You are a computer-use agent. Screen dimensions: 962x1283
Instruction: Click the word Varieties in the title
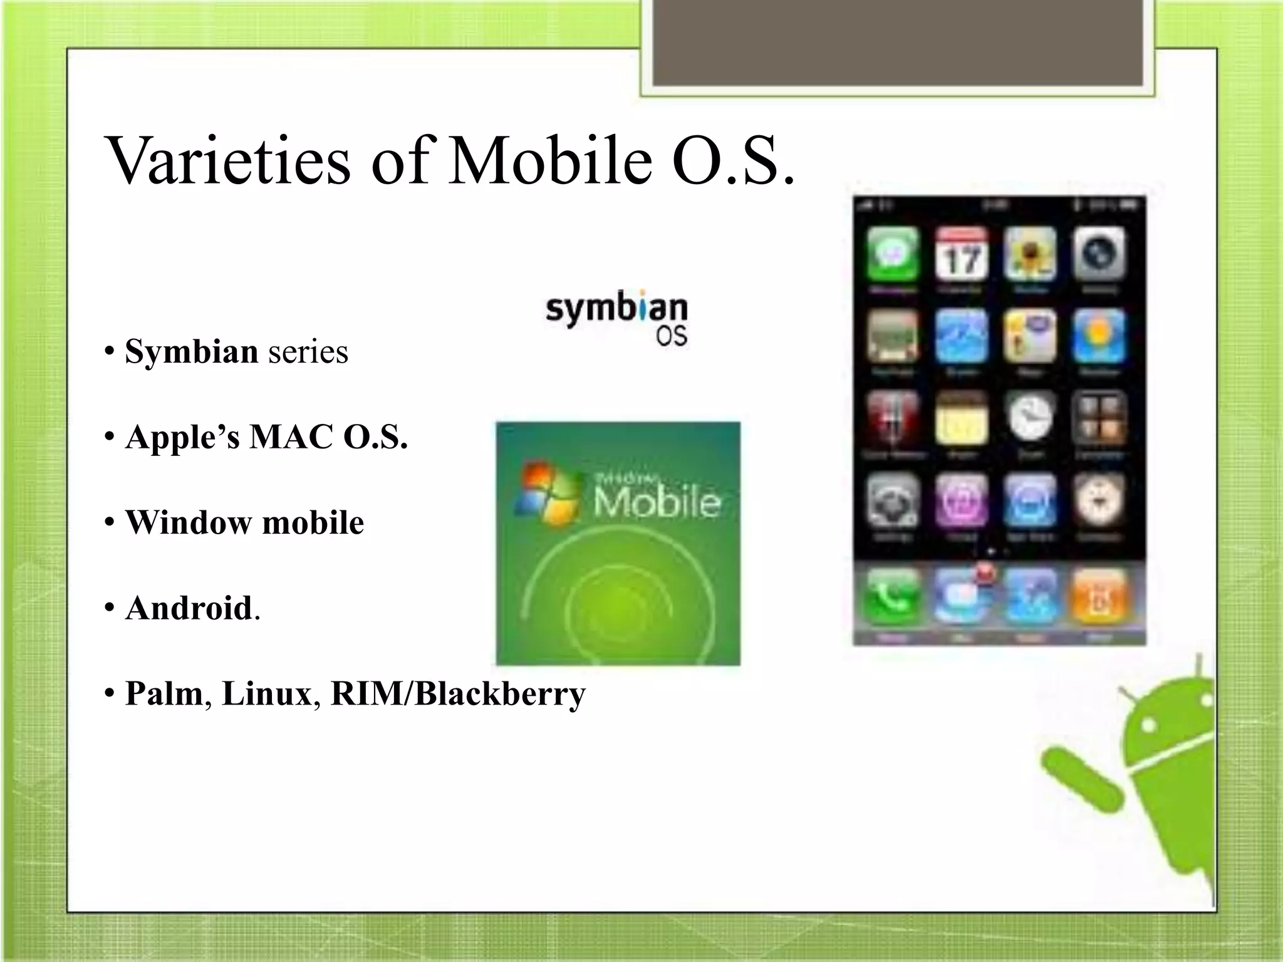coord(229,160)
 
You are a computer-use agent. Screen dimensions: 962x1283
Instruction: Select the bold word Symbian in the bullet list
coord(191,351)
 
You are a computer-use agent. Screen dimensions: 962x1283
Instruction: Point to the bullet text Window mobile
coord(244,522)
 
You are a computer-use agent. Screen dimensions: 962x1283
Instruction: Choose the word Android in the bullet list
coord(189,608)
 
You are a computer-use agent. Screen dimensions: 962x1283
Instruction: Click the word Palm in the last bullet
coord(164,693)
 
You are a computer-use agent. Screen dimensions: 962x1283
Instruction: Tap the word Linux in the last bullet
coord(267,693)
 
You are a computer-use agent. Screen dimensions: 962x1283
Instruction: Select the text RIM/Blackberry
coord(458,693)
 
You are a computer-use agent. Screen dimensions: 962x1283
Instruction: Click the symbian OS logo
coord(617,320)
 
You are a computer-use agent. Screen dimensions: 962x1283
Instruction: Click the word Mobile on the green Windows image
coord(657,502)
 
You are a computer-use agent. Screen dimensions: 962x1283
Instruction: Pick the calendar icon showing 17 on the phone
coord(961,254)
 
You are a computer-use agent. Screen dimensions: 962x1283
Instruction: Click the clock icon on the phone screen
coord(1030,417)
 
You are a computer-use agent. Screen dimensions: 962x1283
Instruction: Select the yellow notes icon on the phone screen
coord(961,418)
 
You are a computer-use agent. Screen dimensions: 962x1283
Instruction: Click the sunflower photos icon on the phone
coord(1030,254)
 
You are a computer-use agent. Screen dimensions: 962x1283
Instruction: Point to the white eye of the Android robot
coord(1148,726)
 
